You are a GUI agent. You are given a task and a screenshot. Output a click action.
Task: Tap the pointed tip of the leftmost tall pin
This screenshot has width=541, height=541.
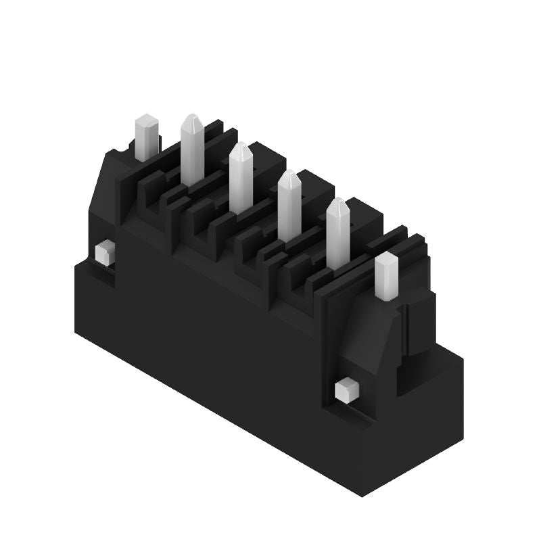(x=191, y=120)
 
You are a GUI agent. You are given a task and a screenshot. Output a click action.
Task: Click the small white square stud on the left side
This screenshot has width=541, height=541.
(x=104, y=254)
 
